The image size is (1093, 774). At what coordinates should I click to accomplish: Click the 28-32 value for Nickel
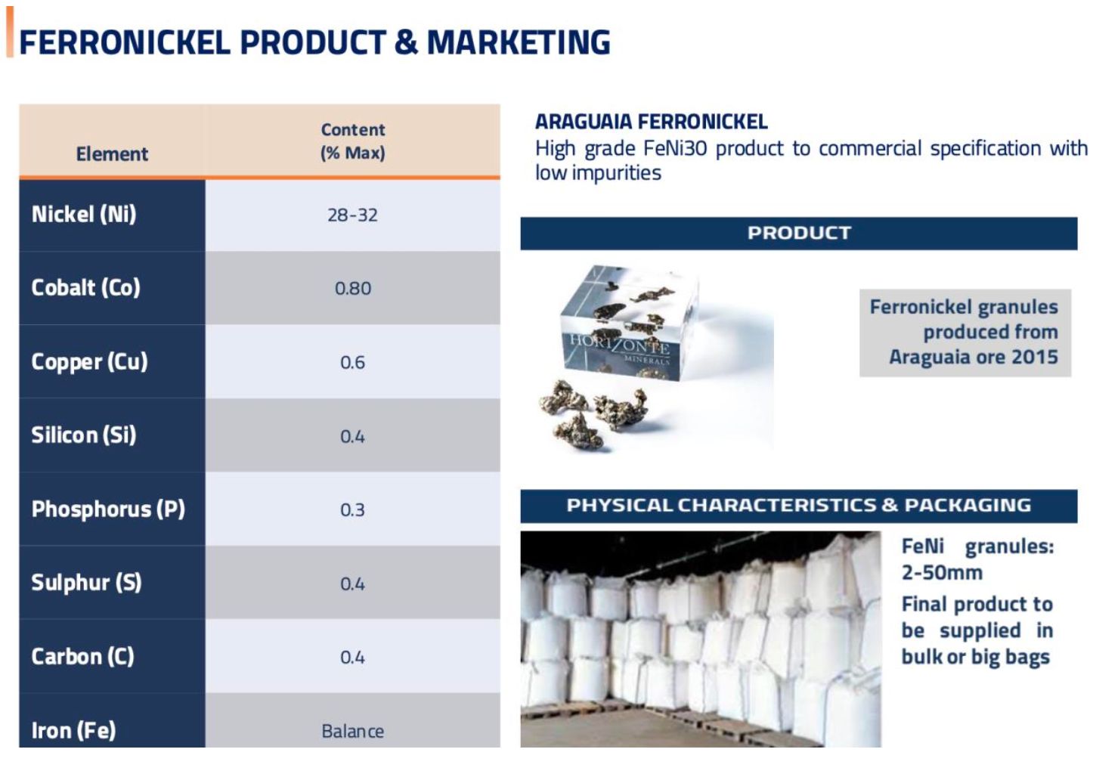(x=352, y=215)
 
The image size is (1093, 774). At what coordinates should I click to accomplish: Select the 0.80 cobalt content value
(x=353, y=289)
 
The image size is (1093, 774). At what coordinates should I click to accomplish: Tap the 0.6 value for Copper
(x=352, y=362)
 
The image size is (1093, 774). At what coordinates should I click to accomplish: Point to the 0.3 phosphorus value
(x=352, y=510)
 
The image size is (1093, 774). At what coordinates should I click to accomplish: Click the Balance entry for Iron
(x=353, y=731)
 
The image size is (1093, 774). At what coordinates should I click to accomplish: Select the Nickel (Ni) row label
(x=84, y=214)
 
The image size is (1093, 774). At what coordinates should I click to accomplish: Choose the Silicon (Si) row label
(x=84, y=435)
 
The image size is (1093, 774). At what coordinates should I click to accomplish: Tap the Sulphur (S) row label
(x=86, y=582)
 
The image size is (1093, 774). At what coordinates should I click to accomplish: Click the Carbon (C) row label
(x=82, y=656)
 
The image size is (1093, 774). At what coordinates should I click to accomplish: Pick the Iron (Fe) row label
(x=73, y=731)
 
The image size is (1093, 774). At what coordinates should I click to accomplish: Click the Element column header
(x=112, y=154)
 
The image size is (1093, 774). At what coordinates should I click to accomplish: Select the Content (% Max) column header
(x=353, y=141)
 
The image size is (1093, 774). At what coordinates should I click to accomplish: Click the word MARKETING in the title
(x=519, y=42)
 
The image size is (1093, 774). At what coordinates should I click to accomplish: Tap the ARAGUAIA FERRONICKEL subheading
(x=652, y=122)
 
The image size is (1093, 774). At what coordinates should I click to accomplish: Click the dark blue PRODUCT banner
(x=799, y=234)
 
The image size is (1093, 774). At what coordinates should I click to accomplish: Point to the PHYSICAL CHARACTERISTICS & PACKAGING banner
(x=799, y=506)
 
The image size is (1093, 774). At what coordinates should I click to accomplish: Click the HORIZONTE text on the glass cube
(x=620, y=344)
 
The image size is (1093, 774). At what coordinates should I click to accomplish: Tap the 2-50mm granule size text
(x=942, y=572)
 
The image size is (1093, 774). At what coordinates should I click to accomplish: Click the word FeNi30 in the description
(x=675, y=148)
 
